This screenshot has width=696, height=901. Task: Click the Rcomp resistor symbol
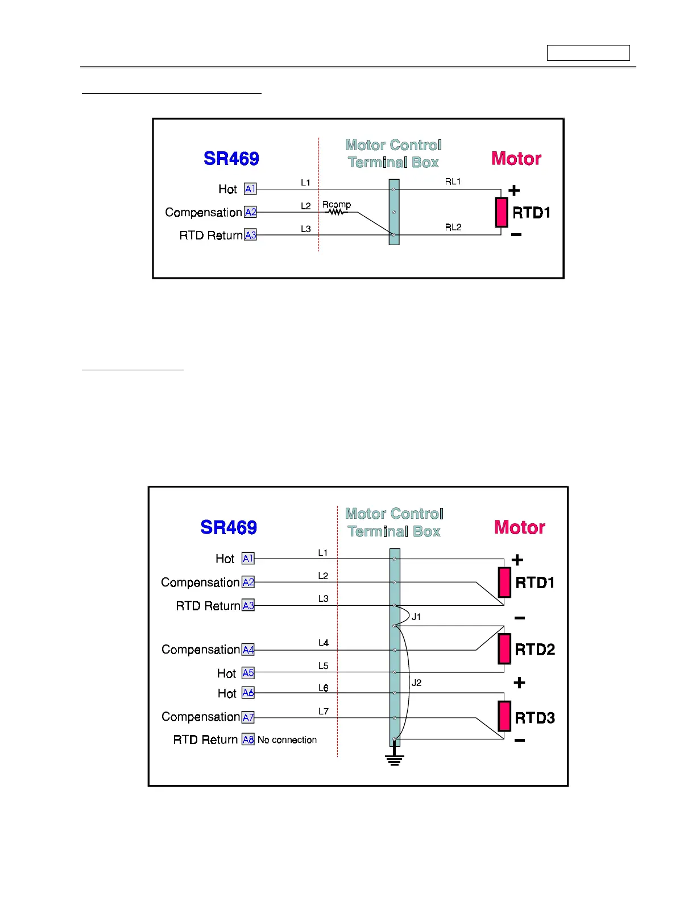pos(336,212)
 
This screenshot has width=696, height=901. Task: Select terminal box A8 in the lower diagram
pos(248,739)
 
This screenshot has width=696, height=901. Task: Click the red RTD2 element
pos(504,649)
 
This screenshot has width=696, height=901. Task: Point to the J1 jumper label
pos(416,617)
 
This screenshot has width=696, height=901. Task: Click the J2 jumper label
pos(416,683)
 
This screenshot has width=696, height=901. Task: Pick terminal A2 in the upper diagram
pos(250,212)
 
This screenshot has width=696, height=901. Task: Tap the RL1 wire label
pos(453,181)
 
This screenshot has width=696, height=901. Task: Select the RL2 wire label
pos(453,227)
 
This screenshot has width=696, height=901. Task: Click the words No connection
pos(287,739)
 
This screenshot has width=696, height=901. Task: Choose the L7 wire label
pos(323,711)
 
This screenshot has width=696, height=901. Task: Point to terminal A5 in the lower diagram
pos(248,673)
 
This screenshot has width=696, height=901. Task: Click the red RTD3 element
pos(504,716)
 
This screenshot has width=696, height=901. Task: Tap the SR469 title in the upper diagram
pos(231,158)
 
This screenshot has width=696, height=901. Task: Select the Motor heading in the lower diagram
pos(519,527)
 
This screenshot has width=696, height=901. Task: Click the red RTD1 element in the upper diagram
pos(501,212)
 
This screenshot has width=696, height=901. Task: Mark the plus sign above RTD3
pos(519,683)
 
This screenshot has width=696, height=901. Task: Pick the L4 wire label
pos(323,643)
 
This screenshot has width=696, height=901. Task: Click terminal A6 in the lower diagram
pos(248,693)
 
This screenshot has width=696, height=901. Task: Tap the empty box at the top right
pos(588,53)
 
